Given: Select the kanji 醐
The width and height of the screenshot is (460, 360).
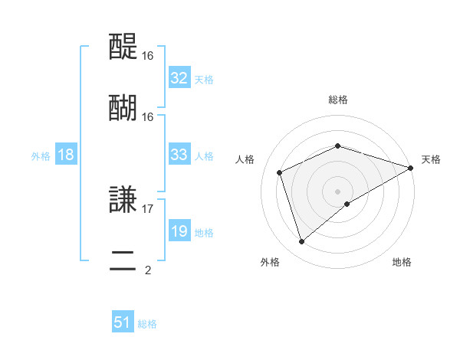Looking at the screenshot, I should pos(123,108).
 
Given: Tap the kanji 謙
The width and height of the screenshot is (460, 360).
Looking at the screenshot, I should pos(123,201).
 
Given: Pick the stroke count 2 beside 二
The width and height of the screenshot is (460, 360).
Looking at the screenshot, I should pos(148,269).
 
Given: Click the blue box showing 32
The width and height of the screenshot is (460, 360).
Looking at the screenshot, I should pos(179,78).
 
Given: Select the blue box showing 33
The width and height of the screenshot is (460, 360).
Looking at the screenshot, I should pos(179,155).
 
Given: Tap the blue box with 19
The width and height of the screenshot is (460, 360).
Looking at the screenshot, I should pos(179,231).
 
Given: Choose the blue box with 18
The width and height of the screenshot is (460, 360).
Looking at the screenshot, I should pos(66,155).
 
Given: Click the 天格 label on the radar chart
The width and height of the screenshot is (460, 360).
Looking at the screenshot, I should pos(431,159).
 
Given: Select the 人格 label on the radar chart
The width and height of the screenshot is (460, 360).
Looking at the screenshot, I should pos(245,159).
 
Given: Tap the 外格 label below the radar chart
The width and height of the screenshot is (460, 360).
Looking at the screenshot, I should pos(270,262).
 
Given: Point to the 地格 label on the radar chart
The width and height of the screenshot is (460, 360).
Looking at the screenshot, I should pos(402,262).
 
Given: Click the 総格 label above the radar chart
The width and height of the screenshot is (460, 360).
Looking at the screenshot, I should pos(338,100).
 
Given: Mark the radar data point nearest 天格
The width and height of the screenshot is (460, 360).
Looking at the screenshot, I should pos(411,168).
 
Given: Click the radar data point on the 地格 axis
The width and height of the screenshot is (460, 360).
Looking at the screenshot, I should pos(347,204).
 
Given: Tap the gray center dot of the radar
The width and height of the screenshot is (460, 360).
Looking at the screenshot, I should pos(338,191).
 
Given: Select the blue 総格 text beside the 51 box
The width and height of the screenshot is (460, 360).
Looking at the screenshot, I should pos(147,324).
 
